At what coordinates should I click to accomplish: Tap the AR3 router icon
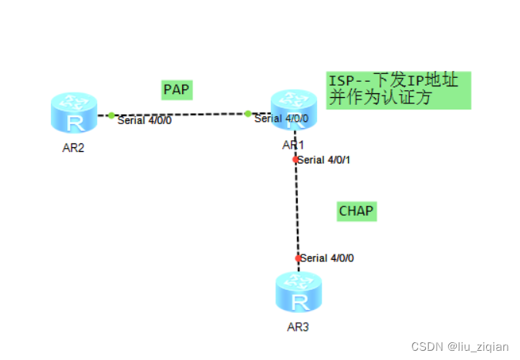pyautogui.click(x=298, y=292)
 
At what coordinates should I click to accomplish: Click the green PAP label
pyautogui.click(x=177, y=89)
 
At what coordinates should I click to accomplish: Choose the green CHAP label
pyautogui.click(x=356, y=210)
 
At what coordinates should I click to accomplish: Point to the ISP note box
pyautogui.click(x=398, y=90)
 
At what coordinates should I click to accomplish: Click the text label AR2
pyautogui.click(x=73, y=148)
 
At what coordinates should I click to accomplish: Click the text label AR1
pyautogui.click(x=293, y=145)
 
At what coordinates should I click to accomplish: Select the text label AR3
pyautogui.click(x=298, y=327)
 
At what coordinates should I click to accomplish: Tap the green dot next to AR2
pyautogui.click(x=111, y=116)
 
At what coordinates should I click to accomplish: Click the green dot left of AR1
pyautogui.click(x=248, y=114)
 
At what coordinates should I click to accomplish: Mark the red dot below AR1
pyautogui.click(x=295, y=160)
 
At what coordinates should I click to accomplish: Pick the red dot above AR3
pyautogui.click(x=298, y=258)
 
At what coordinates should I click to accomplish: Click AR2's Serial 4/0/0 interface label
pyautogui.click(x=144, y=120)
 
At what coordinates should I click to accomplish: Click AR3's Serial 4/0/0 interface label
pyautogui.click(x=327, y=258)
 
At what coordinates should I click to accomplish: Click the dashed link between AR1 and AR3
pyautogui.click(x=296, y=208)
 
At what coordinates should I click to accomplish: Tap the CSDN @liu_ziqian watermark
pyautogui.click(x=459, y=347)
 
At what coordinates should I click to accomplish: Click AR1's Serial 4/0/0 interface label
pyautogui.click(x=281, y=119)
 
